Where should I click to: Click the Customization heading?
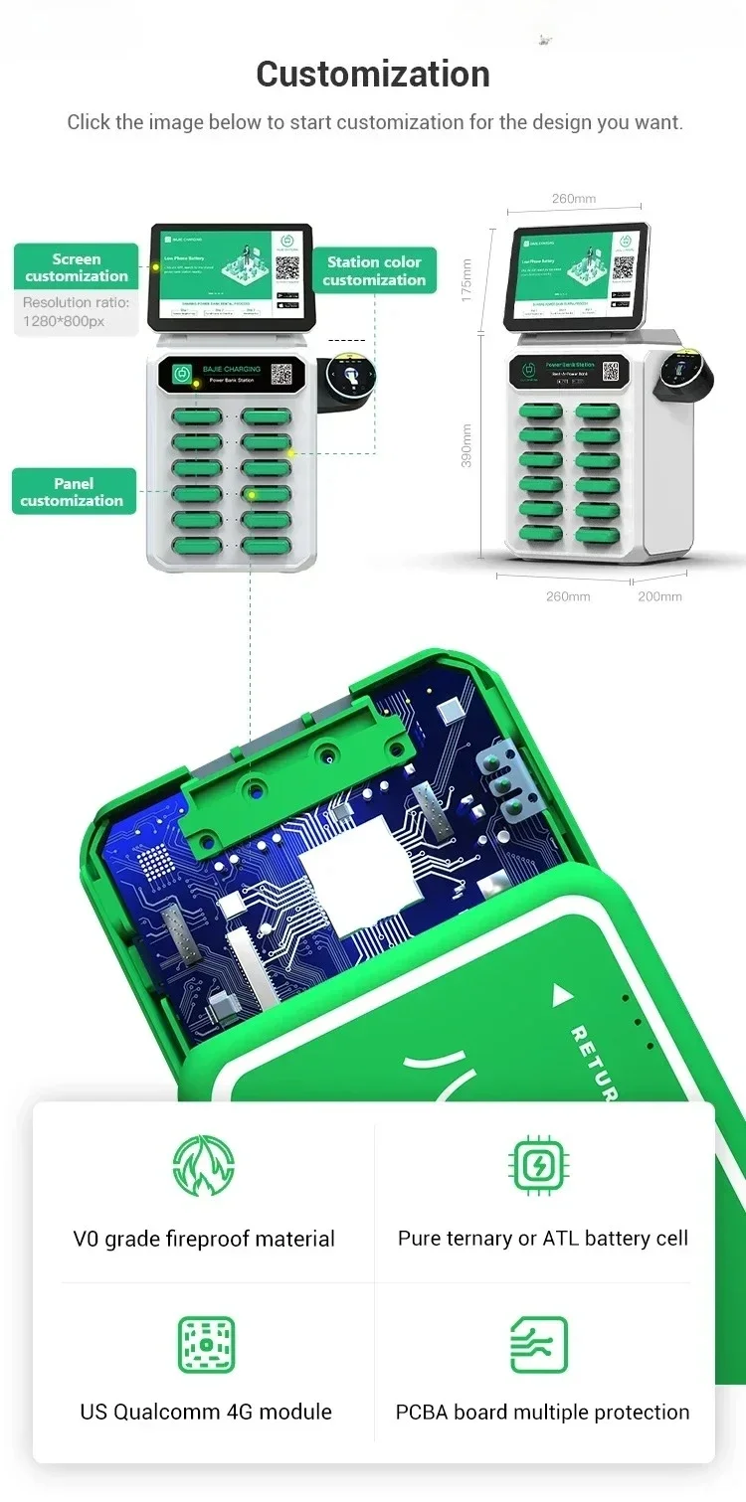pos(373,75)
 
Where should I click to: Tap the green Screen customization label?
pos(77,267)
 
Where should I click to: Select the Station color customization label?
pos(374,270)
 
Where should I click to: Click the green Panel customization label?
pos(73,492)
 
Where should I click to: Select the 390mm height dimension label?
pos(467,445)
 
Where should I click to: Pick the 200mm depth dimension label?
pos(659,596)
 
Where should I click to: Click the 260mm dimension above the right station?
pos(574,199)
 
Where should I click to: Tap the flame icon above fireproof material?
pos(204,1165)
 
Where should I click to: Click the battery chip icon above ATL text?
pos(537,1165)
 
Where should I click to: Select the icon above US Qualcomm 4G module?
pos(206,1345)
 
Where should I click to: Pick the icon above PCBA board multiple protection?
pos(538,1345)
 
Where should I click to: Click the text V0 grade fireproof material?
pos(204,1240)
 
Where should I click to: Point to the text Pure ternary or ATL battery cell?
pos(543,1239)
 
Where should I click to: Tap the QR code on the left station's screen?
pos(287,267)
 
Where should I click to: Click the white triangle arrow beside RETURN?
pos(563,994)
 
